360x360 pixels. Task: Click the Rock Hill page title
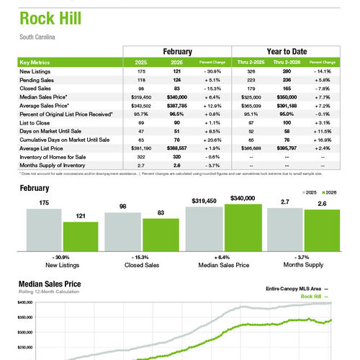pyautogui.click(x=51, y=18)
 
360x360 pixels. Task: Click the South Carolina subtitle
pyautogui.click(x=37, y=37)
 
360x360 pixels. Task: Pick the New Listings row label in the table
pyautogui.click(x=35, y=72)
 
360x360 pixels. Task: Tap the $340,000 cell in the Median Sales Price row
pyautogui.click(x=177, y=96)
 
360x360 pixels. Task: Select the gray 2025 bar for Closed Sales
pyautogui.click(x=121, y=230)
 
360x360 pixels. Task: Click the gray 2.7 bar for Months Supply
pyautogui.click(x=284, y=228)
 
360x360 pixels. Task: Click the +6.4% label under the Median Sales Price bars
pyautogui.click(x=223, y=257)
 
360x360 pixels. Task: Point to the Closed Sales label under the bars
pyautogui.click(x=141, y=265)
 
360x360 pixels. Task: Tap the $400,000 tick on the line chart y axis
pyautogui.click(x=24, y=303)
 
